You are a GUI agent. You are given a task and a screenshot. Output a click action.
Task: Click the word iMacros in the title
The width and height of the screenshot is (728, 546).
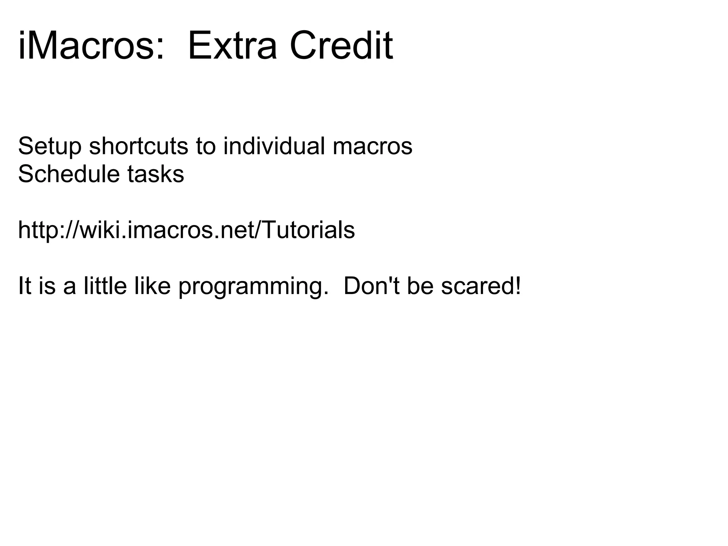coord(85,46)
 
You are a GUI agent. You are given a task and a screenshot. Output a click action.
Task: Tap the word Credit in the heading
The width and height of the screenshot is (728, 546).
coord(341,46)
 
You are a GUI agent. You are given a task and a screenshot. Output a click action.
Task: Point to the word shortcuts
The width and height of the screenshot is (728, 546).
coord(138,146)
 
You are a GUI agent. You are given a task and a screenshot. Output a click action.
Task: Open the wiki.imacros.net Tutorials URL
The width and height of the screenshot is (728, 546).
coord(186,230)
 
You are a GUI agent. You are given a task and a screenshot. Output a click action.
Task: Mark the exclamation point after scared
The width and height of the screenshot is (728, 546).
coord(518,285)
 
